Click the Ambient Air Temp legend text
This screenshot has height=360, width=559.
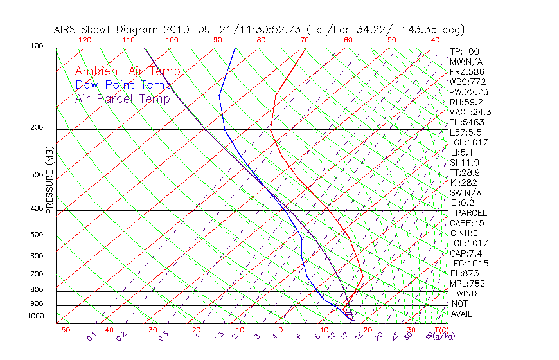tap(128, 71)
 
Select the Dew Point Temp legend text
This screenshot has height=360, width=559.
tap(123, 85)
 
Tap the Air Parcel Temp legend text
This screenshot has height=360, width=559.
tap(123, 98)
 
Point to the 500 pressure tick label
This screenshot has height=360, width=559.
tap(38, 235)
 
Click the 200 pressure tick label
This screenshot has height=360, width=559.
tap(38, 128)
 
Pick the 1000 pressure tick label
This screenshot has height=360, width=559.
tap(36, 316)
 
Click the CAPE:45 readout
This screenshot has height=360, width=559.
tap(466, 223)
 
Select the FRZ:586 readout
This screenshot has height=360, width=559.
tap(466, 71)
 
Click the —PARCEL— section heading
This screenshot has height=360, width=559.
tap(471, 213)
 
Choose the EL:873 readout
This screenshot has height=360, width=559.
tap(464, 273)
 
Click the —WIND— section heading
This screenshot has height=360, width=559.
tap(466, 293)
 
